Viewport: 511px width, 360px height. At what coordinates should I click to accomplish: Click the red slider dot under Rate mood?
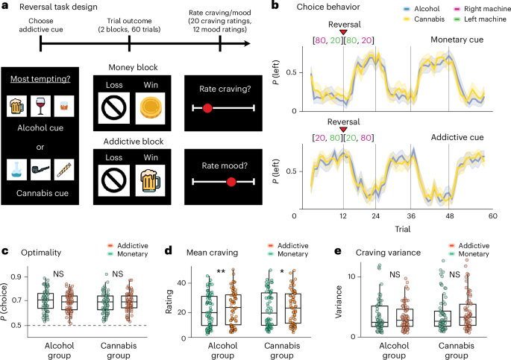231,181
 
